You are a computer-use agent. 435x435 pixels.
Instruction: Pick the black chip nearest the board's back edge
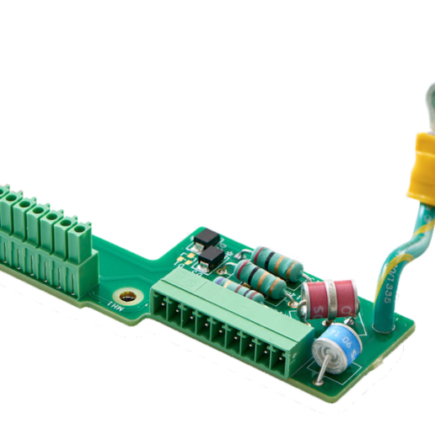point(205,239)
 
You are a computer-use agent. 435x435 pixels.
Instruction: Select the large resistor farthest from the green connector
point(277,261)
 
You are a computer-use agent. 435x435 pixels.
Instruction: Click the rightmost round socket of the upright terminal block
point(83,228)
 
